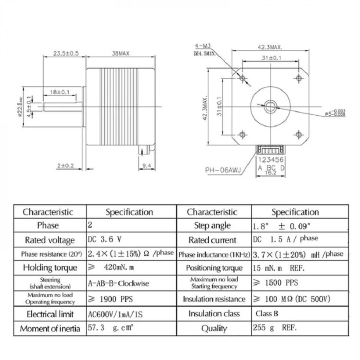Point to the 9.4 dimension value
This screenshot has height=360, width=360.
point(146,166)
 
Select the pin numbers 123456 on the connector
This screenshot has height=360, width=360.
point(271,160)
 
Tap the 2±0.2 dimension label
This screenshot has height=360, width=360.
point(66,166)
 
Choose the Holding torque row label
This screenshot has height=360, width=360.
point(50,267)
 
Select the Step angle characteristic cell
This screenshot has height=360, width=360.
point(212,225)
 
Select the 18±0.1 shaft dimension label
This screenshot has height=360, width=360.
point(60,92)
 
